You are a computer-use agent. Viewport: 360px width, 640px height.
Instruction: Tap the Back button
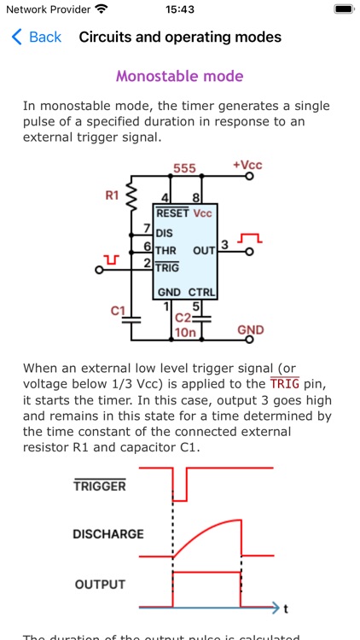tap(36, 37)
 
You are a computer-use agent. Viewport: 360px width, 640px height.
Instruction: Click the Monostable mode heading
tap(179, 76)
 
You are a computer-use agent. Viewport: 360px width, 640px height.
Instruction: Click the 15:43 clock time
tap(179, 9)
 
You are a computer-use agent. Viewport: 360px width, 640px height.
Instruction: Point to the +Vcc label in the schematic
tap(247, 165)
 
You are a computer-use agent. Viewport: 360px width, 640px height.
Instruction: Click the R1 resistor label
tap(112, 195)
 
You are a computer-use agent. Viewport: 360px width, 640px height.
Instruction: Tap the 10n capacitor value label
tap(185, 332)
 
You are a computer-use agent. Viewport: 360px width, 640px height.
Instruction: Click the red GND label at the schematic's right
tap(250, 330)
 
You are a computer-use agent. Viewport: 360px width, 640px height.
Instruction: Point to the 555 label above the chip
tap(185, 168)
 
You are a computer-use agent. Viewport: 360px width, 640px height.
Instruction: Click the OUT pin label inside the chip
tap(203, 251)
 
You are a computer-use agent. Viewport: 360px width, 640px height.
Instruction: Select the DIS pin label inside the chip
tap(164, 232)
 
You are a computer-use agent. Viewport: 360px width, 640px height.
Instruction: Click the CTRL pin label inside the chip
tap(202, 293)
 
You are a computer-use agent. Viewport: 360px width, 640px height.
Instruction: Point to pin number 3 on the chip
tap(224, 246)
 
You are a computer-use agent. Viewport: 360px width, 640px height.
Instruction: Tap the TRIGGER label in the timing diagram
tap(99, 486)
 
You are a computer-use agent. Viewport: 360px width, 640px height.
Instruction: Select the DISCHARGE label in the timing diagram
tap(107, 534)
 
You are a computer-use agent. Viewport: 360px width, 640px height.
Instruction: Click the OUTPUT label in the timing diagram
tap(100, 585)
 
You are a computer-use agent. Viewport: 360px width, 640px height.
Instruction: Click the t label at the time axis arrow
tap(286, 608)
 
